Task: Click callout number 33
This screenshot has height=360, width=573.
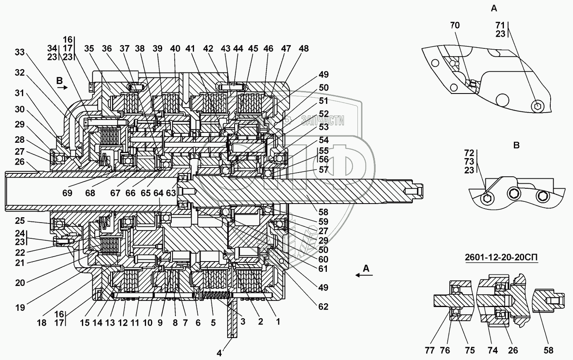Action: click(19, 52)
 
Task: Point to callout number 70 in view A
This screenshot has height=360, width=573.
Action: click(455, 25)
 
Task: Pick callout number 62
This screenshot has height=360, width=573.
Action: click(323, 307)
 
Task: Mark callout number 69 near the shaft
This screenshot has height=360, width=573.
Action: click(67, 193)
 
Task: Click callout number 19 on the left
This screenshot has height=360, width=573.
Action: click(19, 307)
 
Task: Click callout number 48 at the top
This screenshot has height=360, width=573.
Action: click(304, 48)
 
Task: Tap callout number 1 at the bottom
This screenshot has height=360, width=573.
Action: click(278, 321)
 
